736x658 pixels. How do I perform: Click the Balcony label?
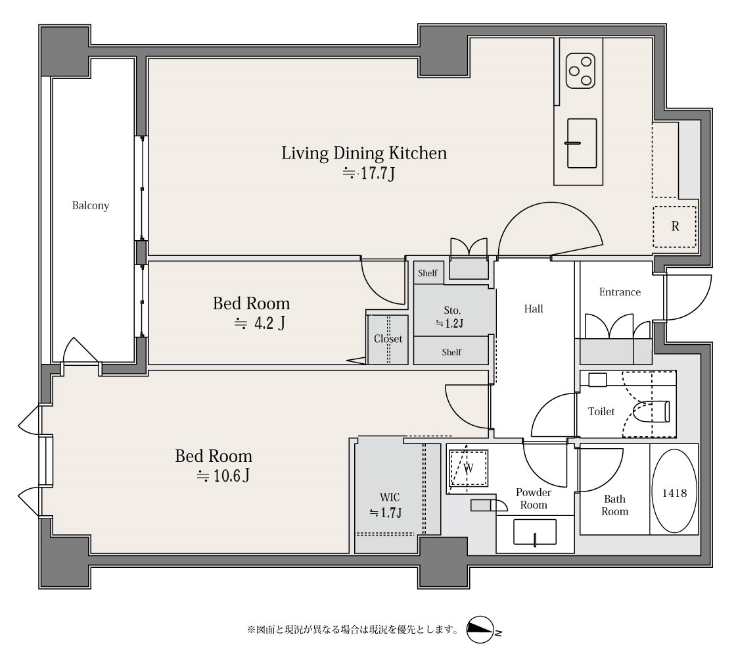click(x=91, y=206)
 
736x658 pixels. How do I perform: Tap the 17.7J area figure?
click(x=369, y=174)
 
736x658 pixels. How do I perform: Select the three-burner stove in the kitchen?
click(x=581, y=71)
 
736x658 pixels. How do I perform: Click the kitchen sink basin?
click(x=582, y=143)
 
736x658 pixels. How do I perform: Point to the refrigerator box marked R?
click(x=675, y=226)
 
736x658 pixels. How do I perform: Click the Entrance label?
click(x=620, y=292)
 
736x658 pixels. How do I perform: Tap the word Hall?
click(x=534, y=309)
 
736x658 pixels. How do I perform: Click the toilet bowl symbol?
click(x=651, y=412)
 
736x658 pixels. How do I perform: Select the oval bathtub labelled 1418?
click(x=674, y=491)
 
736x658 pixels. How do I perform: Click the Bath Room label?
click(x=615, y=505)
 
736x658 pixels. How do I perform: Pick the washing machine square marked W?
click(x=469, y=468)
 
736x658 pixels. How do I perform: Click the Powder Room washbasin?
click(x=535, y=532)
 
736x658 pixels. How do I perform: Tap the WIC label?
click(x=390, y=497)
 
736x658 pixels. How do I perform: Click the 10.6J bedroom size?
click(x=223, y=476)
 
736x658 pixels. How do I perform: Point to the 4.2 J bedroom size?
click(x=260, y=323)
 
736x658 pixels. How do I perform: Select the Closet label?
click(x=388, y=339)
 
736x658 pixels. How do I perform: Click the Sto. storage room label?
click(x=452, y=310)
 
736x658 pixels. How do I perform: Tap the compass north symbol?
click(x=482, y=630)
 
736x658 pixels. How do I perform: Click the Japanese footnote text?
click(x=353, y=629)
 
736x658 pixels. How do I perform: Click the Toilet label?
click(x=601, y=412)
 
